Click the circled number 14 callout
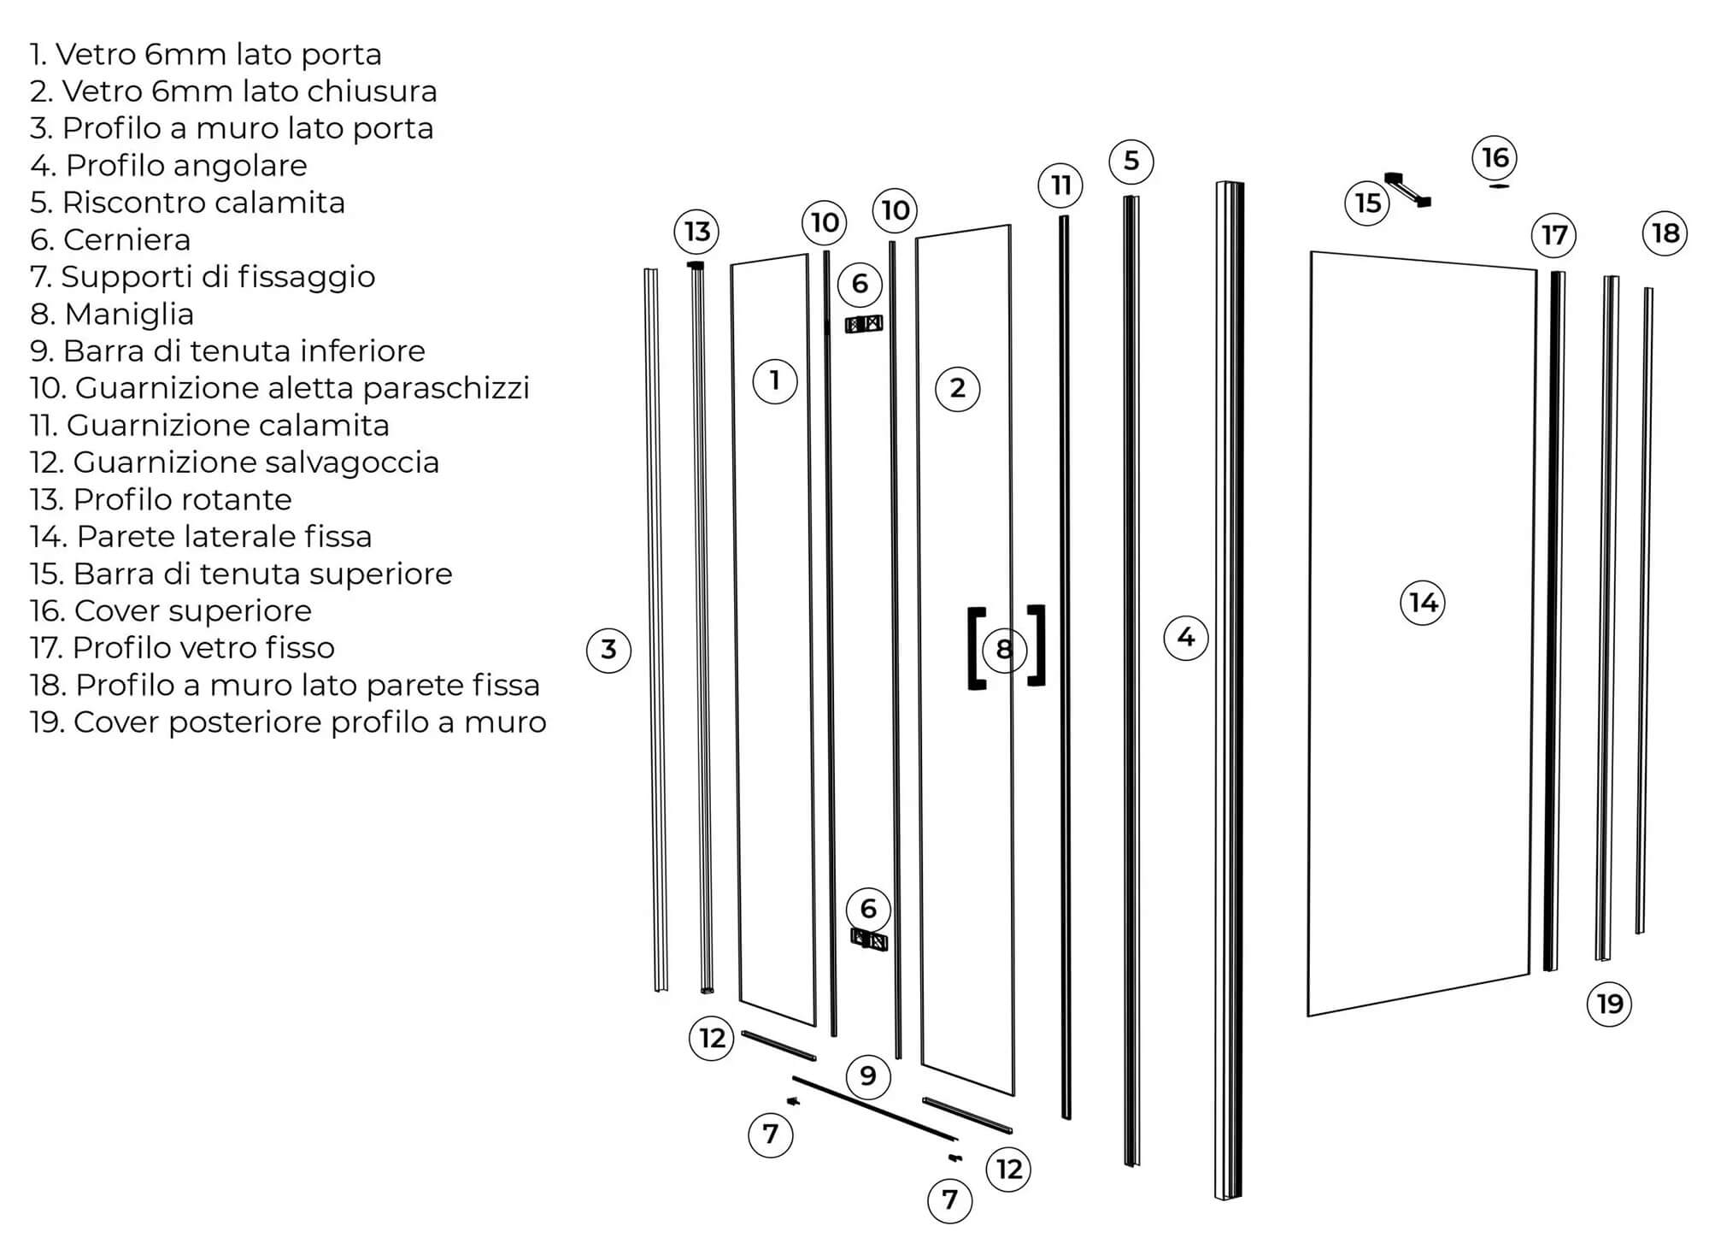[1423, 603]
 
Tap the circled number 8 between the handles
[1004, 649]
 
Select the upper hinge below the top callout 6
[864, 324]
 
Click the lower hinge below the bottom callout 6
[870, 940]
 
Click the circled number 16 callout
[1495, 157]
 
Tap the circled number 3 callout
[608, 650]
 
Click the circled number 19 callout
[1610, 1004]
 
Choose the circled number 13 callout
[696, 231]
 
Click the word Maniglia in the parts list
[129, 315]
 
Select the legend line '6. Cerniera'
[110, 240]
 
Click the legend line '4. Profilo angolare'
[168, 166]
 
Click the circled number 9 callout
[868, 1075]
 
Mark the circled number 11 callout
[1060, 185]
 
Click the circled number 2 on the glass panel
[957, 388]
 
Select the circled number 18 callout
[1665, 233]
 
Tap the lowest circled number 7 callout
[949, 1200]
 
